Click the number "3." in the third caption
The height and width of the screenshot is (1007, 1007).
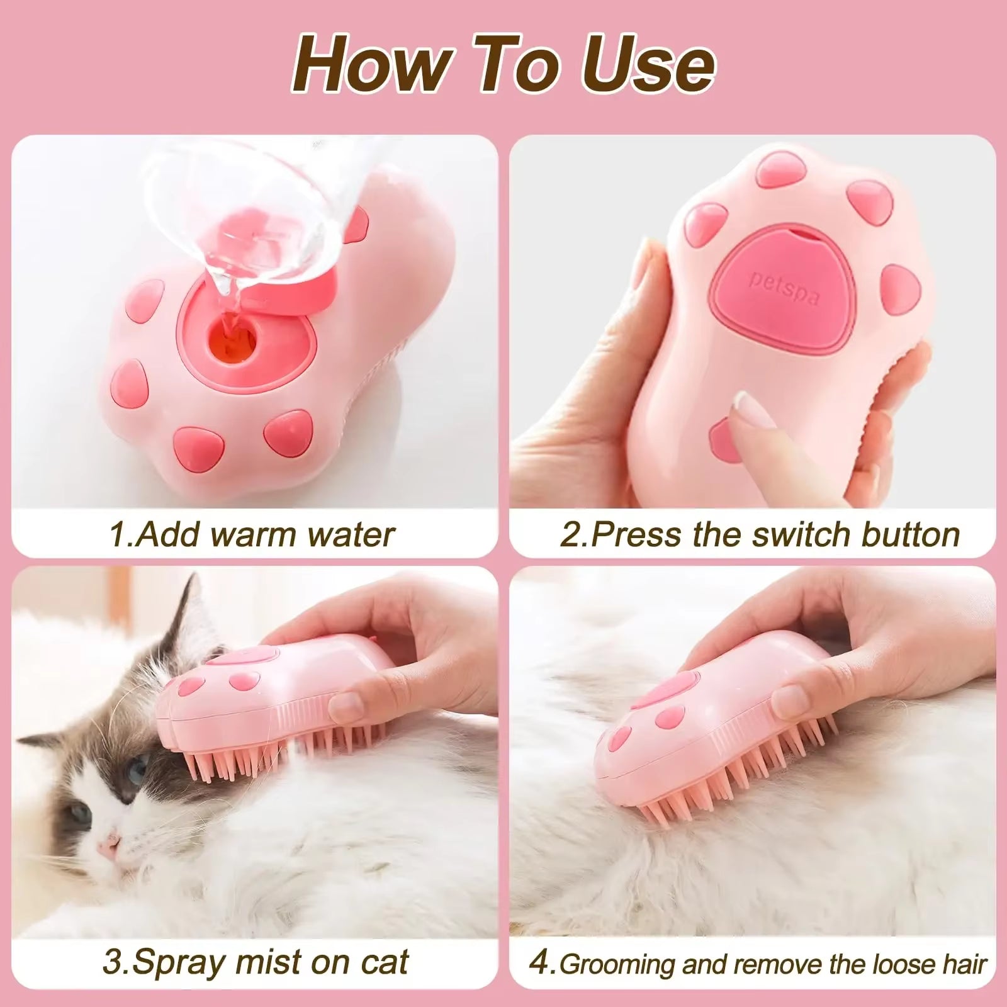coord(117,963)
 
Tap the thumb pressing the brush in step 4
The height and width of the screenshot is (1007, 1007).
coord(802,699)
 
